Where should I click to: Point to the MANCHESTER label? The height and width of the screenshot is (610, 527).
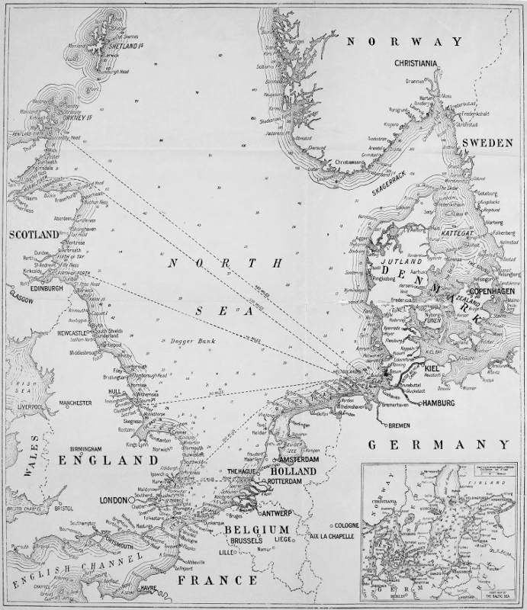(x=72, y=402)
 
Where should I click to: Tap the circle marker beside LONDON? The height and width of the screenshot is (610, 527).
(x=131, y=500)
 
